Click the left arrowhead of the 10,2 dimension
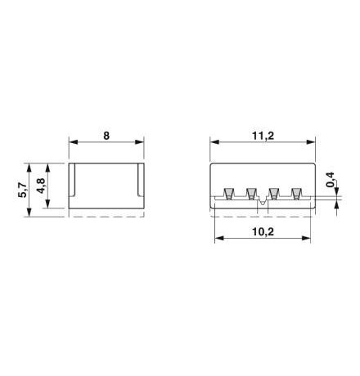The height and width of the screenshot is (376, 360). click(220, 240)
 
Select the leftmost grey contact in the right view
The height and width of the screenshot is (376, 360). click(228, 194)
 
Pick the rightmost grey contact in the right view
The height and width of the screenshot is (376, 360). click(295, 194)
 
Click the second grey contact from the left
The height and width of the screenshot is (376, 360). click(251, 194)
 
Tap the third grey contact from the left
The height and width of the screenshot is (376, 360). click(273, 194)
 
